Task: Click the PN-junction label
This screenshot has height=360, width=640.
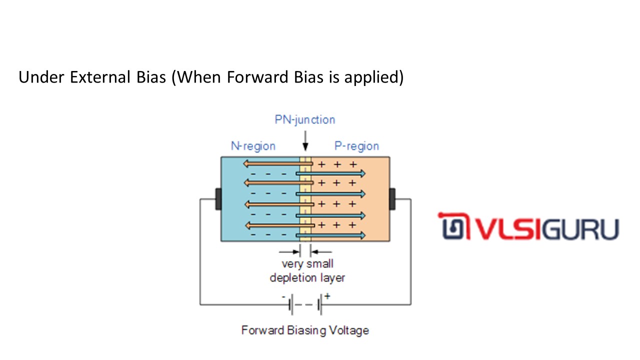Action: click(x=304, y=120)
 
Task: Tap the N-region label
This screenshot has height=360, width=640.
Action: click(x=253, y=146)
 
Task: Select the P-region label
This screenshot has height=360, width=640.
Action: click(x=356, y=146)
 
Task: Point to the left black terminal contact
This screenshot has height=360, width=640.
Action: click(x=218, y=199)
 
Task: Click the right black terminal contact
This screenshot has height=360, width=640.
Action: click(x=392, y=199)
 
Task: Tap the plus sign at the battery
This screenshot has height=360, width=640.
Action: click(x=327, y=296)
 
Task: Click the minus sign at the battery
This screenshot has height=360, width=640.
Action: click(x=283, y=296)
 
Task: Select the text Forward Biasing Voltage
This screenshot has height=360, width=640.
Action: click(x=305, y=330)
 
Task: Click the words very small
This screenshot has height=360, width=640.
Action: click(x=307, y=264)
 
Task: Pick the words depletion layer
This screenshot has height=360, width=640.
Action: click(x=307, y=277)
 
